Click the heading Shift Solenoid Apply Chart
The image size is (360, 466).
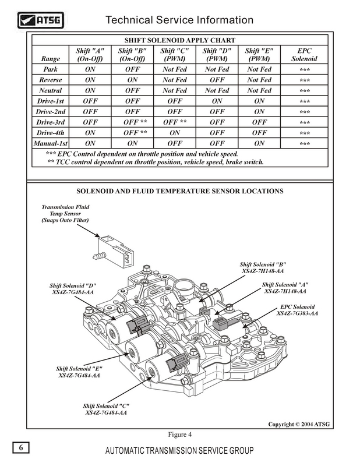[180, 40]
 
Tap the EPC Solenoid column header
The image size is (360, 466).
[303, 55]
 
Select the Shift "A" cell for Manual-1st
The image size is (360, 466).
[90, 143]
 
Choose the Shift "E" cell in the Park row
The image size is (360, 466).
[259, 69]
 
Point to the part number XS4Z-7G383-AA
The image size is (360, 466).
[297, 313]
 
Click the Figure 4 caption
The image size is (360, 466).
[180, 434]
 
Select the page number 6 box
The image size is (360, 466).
[20, 448]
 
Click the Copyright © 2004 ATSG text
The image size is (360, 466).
[299, 424]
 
